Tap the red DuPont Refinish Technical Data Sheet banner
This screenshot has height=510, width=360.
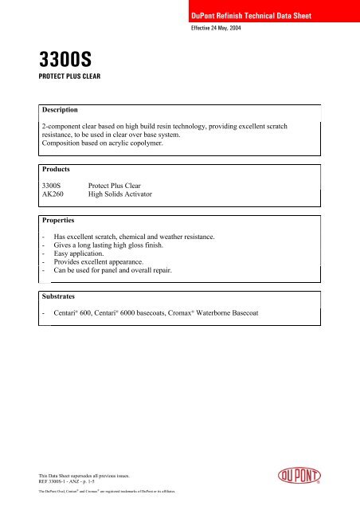254,17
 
